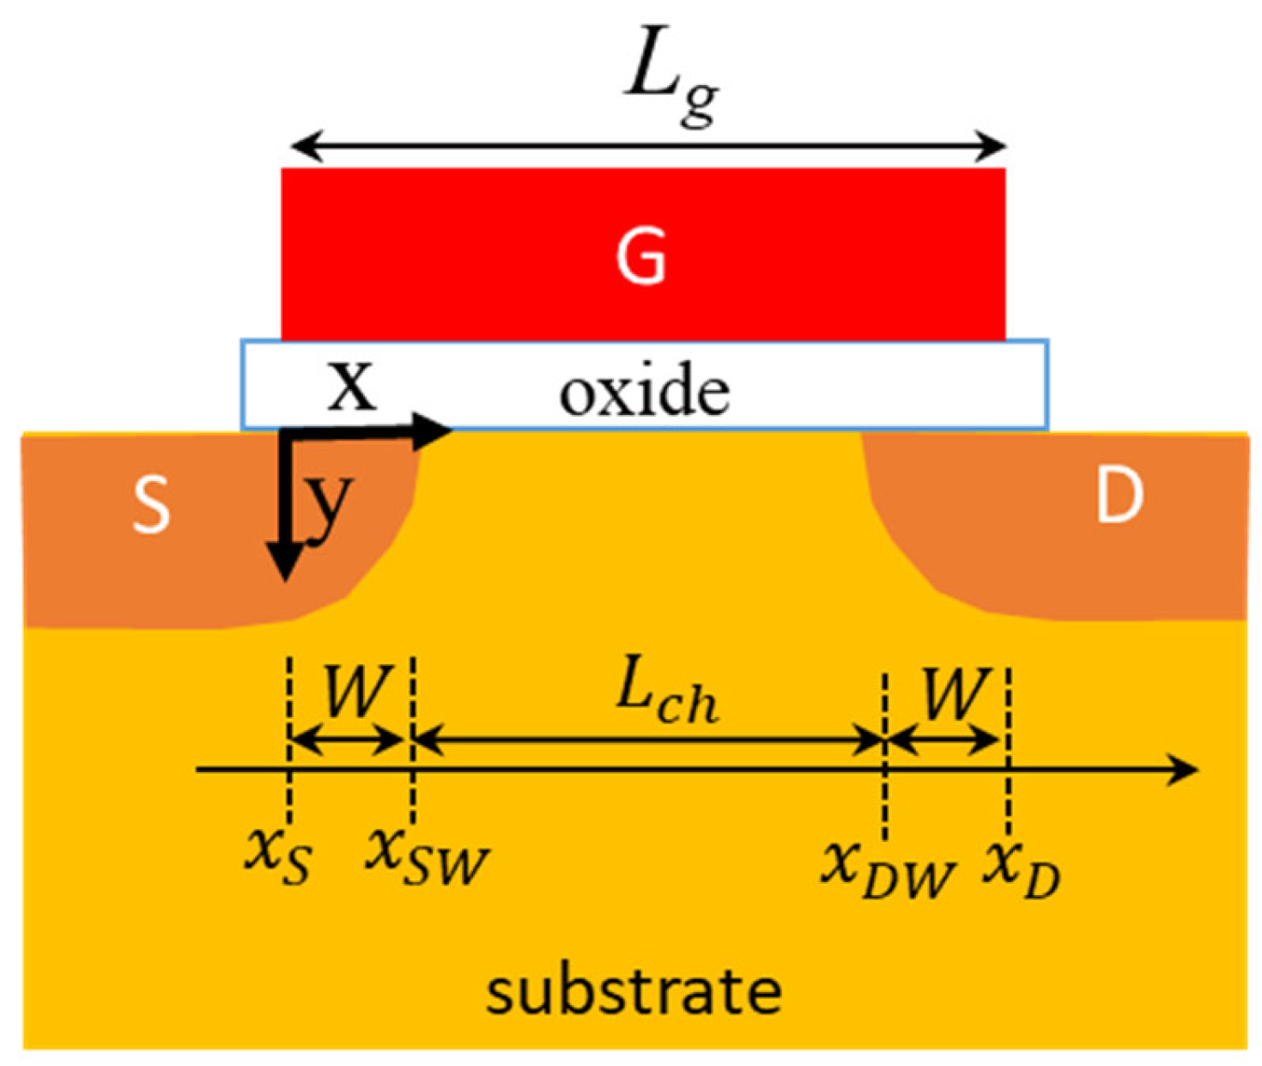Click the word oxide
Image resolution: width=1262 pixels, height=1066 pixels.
645,393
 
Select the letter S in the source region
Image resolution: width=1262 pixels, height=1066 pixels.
152,505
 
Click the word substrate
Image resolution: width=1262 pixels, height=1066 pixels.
634,992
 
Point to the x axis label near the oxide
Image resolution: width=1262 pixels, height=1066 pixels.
353,386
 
